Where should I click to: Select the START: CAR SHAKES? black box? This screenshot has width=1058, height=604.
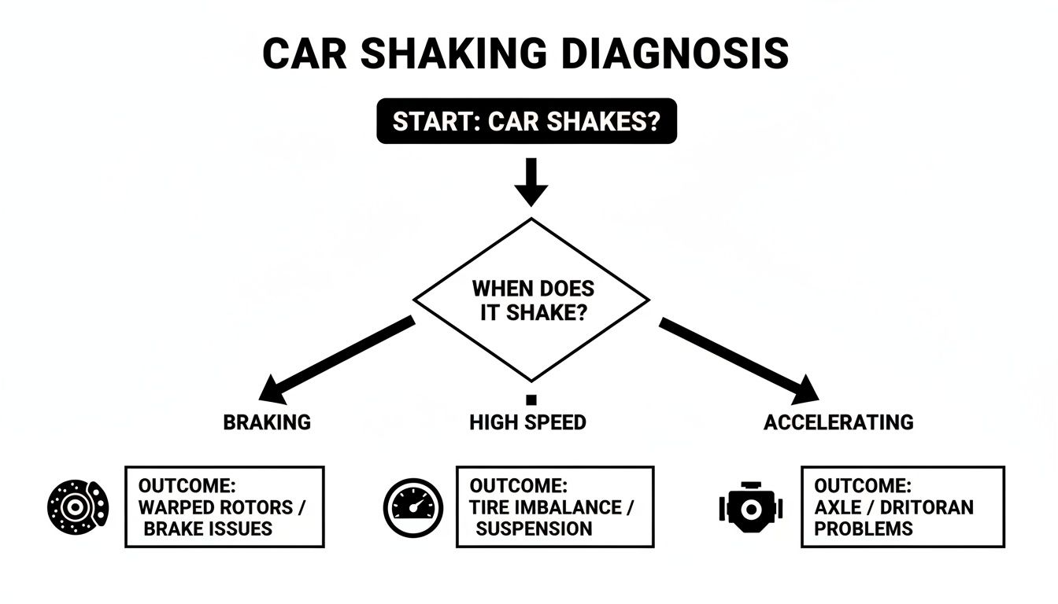point(527,121)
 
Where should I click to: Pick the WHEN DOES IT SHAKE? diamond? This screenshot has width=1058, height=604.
point(531,300)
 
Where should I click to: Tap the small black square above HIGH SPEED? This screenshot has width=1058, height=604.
point(531,400)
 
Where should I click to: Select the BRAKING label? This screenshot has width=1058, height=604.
point(267,422)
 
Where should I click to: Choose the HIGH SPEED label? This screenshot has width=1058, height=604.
point(527,422)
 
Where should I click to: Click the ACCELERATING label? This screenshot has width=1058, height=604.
point(838,422)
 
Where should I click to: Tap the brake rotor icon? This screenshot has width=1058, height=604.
point(77,506)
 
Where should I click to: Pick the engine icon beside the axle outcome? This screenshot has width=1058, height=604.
point(750,508)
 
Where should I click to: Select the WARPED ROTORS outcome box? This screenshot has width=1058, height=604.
point(224,506)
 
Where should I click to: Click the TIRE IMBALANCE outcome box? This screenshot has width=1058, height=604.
point(554,506)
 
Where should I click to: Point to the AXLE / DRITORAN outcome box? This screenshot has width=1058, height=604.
point(902,506)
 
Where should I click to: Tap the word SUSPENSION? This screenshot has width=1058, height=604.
point(534,528)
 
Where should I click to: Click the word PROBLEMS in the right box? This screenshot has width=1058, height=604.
point(864,528)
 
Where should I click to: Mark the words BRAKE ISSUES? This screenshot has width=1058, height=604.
point(208,528)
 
